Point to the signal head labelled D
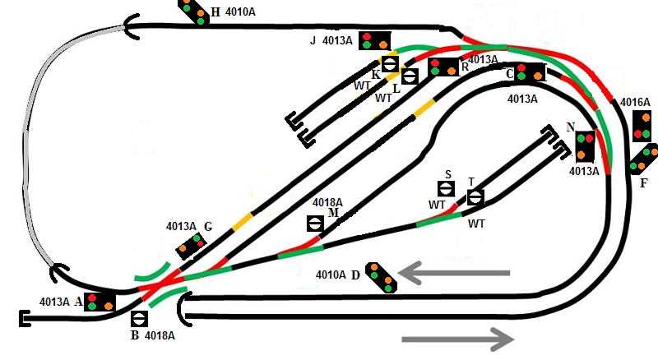(x=381, y=276)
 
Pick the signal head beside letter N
(x=585, y=146)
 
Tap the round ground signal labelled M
(x=315, y=223)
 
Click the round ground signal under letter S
(x=448, y=190)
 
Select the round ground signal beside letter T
(x=475, y=197)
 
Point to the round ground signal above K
(x=391, y=64)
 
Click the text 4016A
(x=636, y=102)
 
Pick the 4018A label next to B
(x=160, y=335)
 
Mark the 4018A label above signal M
(x=327, y=202)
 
